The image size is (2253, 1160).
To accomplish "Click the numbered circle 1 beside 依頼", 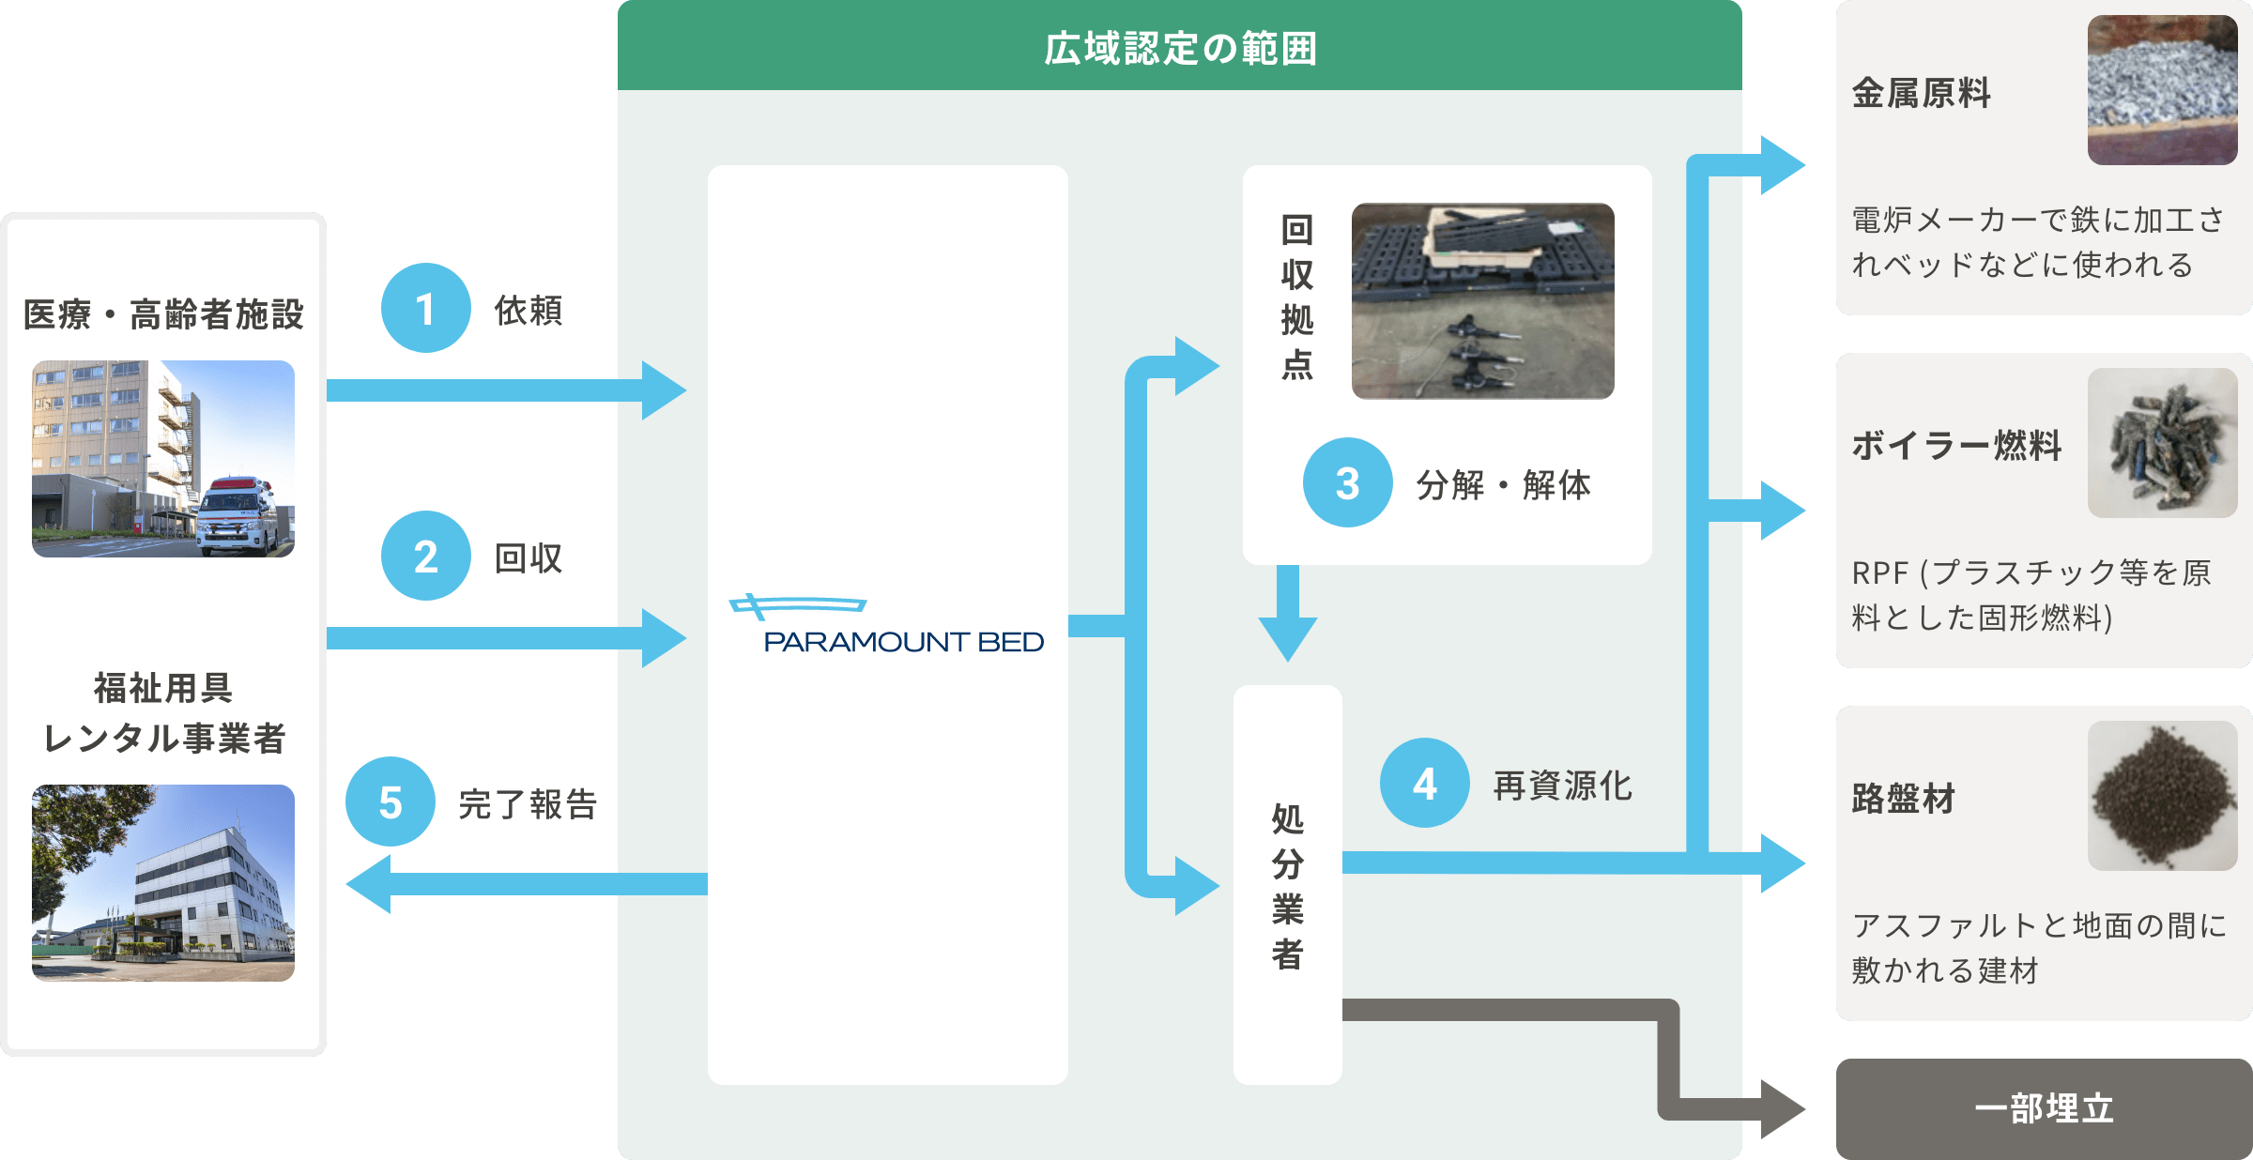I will [x=425, y=308].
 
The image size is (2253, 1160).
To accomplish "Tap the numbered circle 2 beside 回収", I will [x=425, y=556].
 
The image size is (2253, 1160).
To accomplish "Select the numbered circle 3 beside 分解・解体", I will [x=1347, y=482].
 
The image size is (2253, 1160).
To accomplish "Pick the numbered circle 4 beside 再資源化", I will [x=1424, y=783].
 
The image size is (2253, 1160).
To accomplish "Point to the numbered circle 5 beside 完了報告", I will [x=390, y=801].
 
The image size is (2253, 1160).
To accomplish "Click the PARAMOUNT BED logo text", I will [x=903, y=642].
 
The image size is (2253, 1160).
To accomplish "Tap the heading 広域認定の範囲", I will [x=1180, y=48].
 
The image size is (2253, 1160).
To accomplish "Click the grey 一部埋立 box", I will [x=2044, y=1108].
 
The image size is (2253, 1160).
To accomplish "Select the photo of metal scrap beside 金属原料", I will [x=2162, y=90].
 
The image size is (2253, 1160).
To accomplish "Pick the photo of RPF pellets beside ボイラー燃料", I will [x=2162, y=443].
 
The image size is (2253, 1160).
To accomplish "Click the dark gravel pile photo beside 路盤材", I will [x=2162, y=796].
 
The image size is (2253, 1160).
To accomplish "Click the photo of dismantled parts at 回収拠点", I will [x=1482, y=301].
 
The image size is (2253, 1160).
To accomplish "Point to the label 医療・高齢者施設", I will [x=163, y=314].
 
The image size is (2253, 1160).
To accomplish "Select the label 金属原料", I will [x=1921, y=93].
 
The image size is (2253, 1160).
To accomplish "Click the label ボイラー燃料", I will [x=1956, y=445].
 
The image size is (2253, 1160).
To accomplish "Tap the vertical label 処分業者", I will [x=1287, y=885].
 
